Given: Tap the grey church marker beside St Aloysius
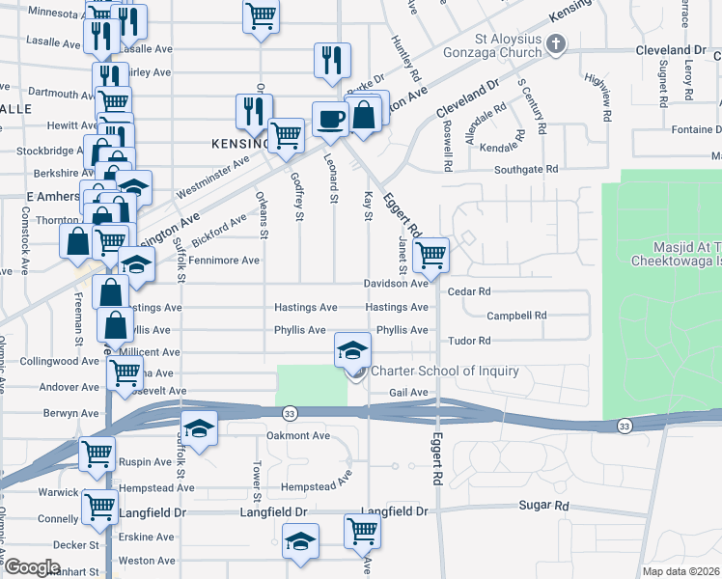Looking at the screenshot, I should pyautogui.click(x=555, y=43).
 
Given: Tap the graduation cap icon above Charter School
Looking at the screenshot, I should pyautogui.click(x=353, y=348).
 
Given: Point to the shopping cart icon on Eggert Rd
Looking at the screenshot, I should pyautogui.click(x=430, y=256).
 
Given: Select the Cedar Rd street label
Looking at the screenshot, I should pyautogui.click(x=470, y=290).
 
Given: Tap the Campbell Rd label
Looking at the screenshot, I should pyautogui.click(x=516, y=316).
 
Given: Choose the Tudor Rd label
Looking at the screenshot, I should pyautogui.click(x=470, y=341).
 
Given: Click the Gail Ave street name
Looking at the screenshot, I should pyautogui.click(x=408, y=393).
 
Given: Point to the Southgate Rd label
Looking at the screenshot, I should pyautogui.click(x=525, y=169).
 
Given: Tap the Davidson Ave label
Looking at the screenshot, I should pyautogui.click(x=396, y=284).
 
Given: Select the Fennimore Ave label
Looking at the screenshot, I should pyautogui.click(x=224, y=261).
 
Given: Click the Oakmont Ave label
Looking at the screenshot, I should pyautogui.click(x=298, y=435).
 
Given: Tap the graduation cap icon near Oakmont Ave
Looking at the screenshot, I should pyautogui.click(x=199, y=429).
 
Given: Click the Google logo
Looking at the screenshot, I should pyautogui.click(x=31, y=567).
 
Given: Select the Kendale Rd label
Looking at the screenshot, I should pyautogui.click(x=500, y=148).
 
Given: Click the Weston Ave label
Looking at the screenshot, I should pyautogui.click(x=147, y=560).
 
